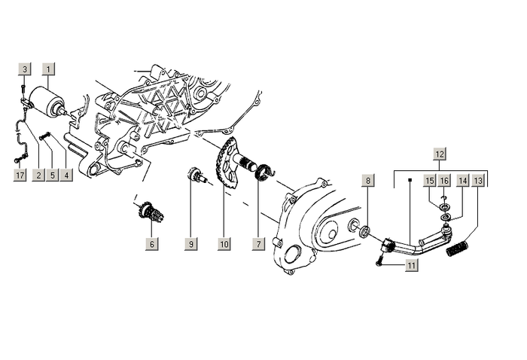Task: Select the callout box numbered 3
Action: [x=24, y=69]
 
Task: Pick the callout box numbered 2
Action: [x=37, y=175]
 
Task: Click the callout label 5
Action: [x=52, y=175]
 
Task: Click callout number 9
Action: [x=192, y=244]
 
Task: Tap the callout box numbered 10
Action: [x=224, y=244]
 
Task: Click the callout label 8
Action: [x=367, y=181]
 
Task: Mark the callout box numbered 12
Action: [x=440, y=154]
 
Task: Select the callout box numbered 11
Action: [x=411, y=265]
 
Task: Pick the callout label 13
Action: [x=477, y=181]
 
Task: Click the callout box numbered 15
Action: [x=429, y=181]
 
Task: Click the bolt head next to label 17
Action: [x=15, y=160]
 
